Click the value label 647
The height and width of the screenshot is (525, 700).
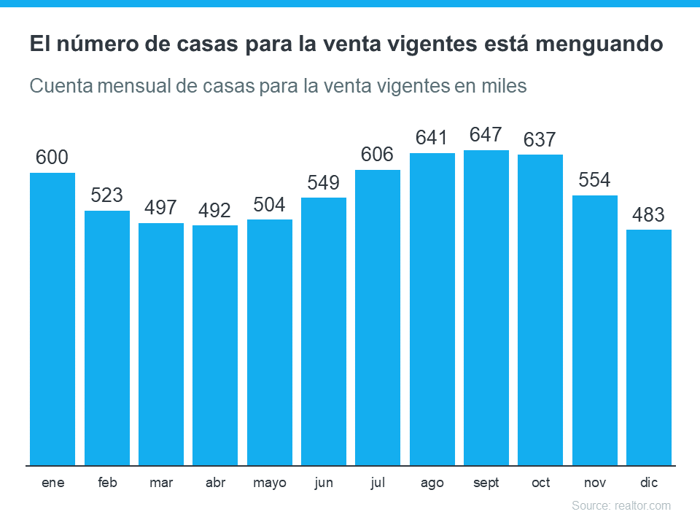[x=486, y=135]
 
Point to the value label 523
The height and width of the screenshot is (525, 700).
[x=107, y=195]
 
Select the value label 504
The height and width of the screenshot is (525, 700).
[x=269, y=205]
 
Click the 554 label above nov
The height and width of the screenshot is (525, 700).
[x=594, y=180]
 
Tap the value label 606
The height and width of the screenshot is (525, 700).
[x=378, y=155]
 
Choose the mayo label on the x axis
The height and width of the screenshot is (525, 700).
[x=270, y=483]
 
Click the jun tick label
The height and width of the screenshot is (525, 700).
[x=324, y=483]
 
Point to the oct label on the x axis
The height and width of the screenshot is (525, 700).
[x=540, y=483]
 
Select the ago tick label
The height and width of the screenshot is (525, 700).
[x=432, y=483]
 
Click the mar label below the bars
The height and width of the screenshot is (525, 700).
[x=161, y=483]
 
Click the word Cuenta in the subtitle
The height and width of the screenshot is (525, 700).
[x=58, y=86]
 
